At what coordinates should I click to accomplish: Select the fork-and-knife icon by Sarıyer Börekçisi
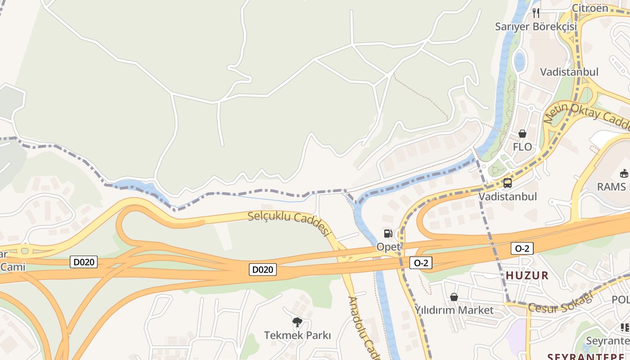point(535,13)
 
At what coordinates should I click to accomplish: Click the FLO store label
point(522,147)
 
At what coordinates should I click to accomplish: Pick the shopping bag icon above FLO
point(522,134)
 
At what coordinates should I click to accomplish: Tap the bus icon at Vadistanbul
point(508,183)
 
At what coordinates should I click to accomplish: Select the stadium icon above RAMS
point(624,173)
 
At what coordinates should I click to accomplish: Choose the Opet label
point(388,247)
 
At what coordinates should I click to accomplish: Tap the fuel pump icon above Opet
point(388,233)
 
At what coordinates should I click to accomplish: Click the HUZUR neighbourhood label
point(527,275)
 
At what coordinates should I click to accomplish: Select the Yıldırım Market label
point(454,310)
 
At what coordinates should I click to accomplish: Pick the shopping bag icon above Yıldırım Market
point(454,297)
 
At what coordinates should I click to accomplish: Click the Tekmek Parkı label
point(297,335)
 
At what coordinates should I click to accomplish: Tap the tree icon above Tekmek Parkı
point(297,322)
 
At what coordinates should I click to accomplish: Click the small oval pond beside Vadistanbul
point(519,61)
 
